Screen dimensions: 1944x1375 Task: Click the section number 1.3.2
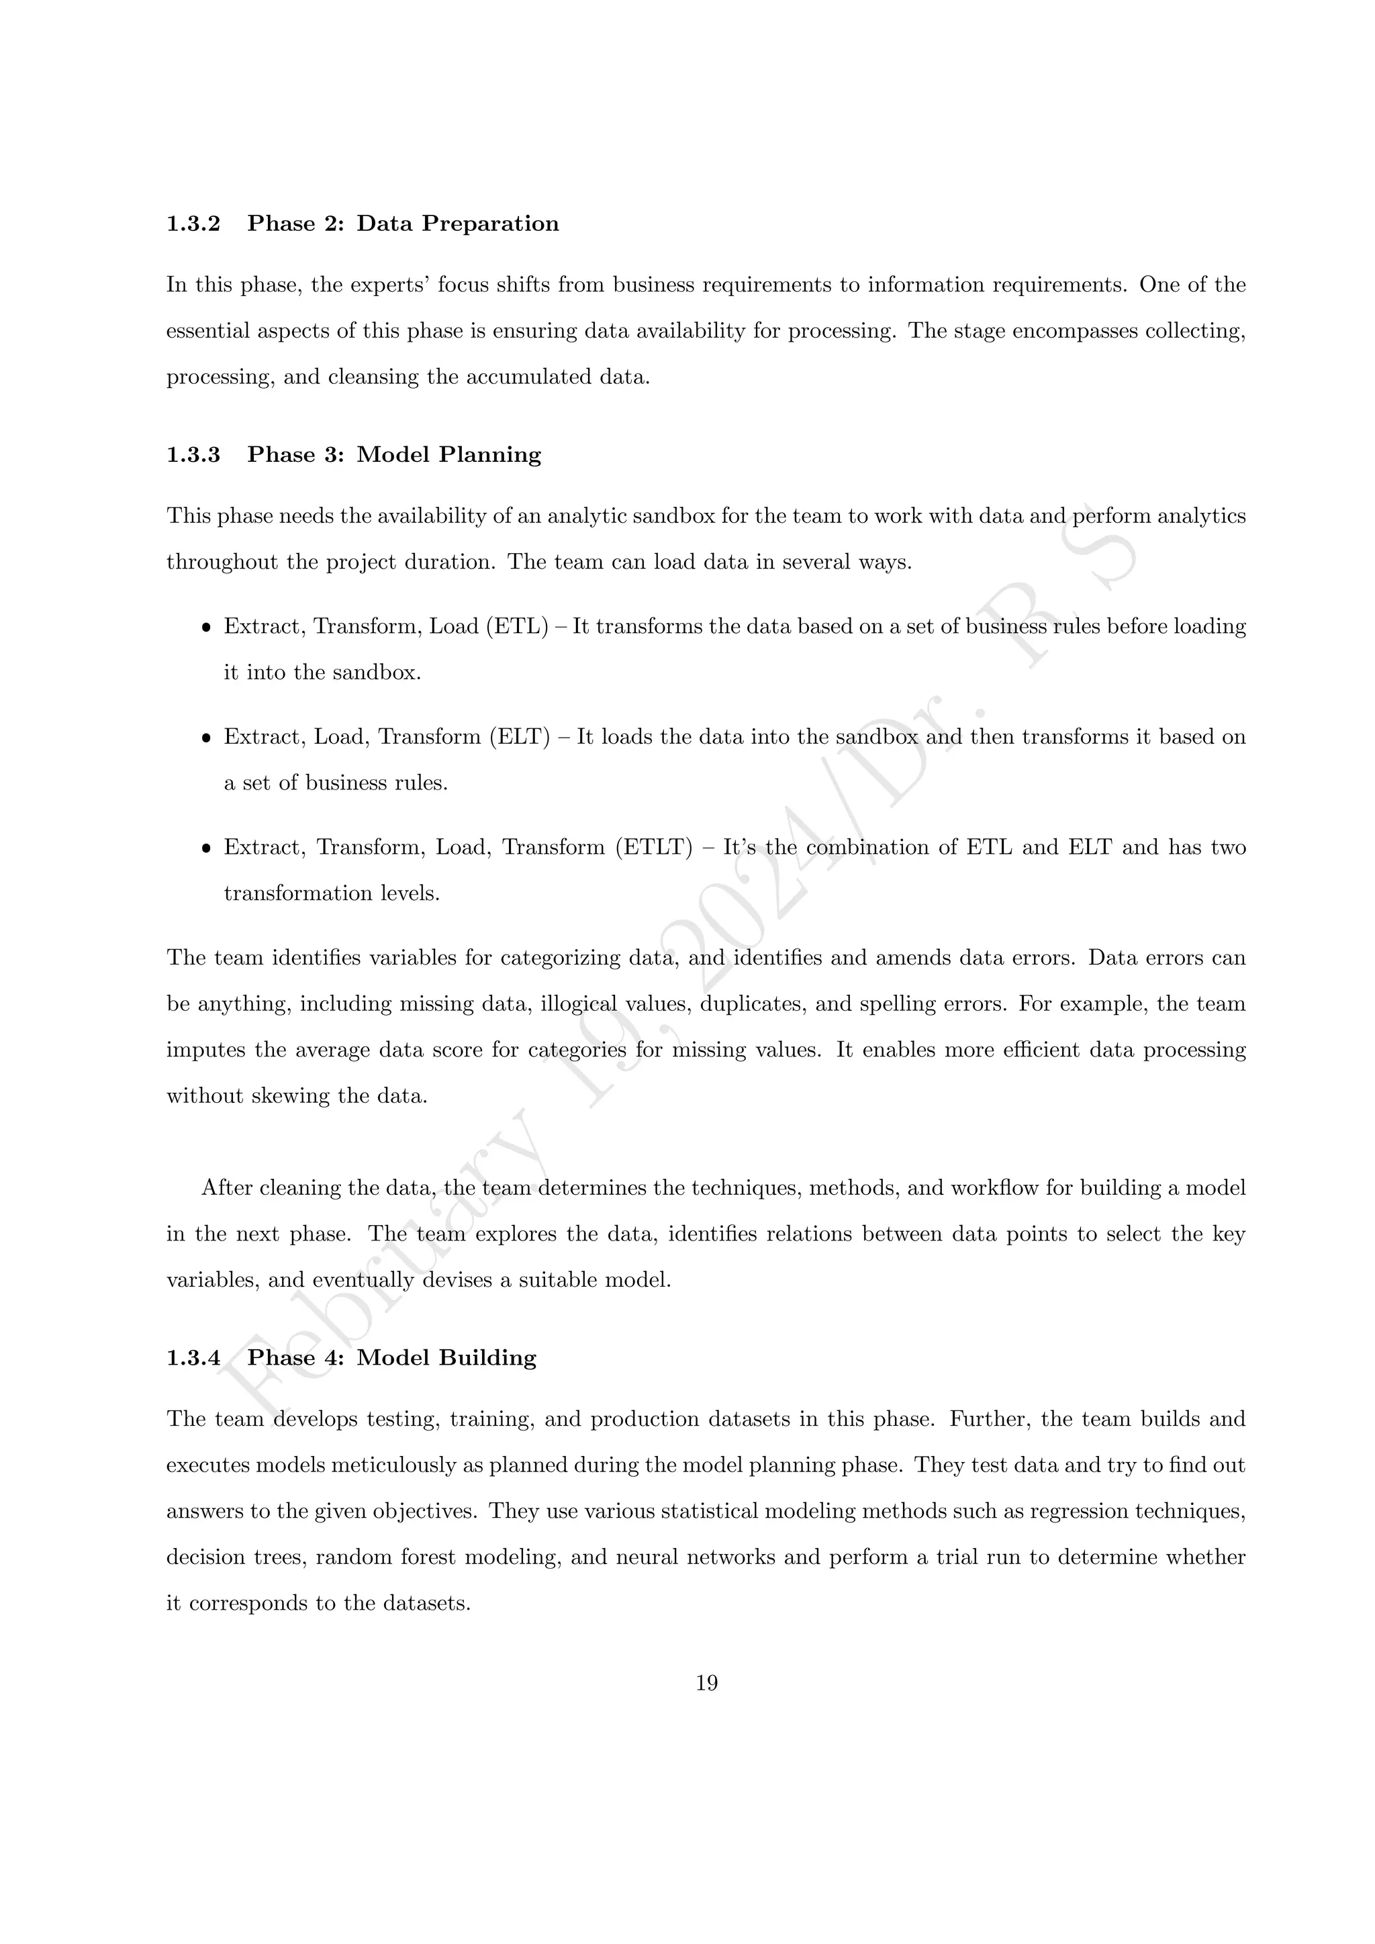(x=193, y=224)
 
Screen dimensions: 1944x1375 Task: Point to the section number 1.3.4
(x=193, y=1358)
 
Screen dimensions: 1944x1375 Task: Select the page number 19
(x=707, y=1684)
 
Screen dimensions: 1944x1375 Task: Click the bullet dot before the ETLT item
(x=205, y=848)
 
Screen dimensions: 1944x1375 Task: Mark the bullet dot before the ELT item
(x=205, y=738)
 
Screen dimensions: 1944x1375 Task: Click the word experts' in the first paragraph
(x=389, y=285)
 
